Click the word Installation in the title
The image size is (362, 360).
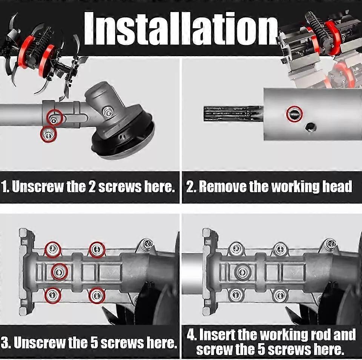click(181, 28)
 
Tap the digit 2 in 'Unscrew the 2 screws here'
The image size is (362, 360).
click(92, 187)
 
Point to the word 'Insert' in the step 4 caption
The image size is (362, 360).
click(216, 335)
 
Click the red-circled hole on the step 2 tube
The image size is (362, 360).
click(295, 113)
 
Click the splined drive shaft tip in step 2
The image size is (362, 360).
click(233, 113)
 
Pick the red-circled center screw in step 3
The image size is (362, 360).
click(60, 271)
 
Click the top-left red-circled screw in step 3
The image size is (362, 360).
click(53, 250)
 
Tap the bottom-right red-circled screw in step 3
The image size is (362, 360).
click(97, 295)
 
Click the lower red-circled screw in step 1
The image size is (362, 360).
click(49, 134)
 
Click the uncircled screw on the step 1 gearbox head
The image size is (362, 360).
click(107, 111)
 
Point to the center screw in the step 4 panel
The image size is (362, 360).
click(242, 272)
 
